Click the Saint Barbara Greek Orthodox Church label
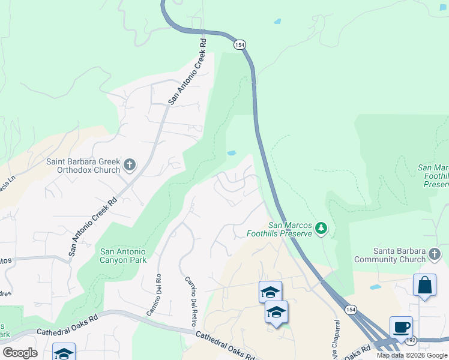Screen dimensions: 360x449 (84, 166)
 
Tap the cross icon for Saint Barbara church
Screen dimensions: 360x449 (130, 164)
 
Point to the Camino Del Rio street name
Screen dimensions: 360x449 (155, 295)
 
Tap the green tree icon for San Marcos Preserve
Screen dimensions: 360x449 (322, 228)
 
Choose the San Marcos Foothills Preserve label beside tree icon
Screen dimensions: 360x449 (279, 229)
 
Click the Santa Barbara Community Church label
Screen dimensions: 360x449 (390, 255)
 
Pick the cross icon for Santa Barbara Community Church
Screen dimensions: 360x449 (435, 256)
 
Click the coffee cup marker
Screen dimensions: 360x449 (401, 328)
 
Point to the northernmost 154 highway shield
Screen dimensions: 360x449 (240, 45)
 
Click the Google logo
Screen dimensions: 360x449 (20, 353)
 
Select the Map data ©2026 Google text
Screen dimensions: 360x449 (411, 355)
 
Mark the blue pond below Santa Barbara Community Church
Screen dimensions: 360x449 (376, 287)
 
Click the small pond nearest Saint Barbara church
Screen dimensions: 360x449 (231, 153)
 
